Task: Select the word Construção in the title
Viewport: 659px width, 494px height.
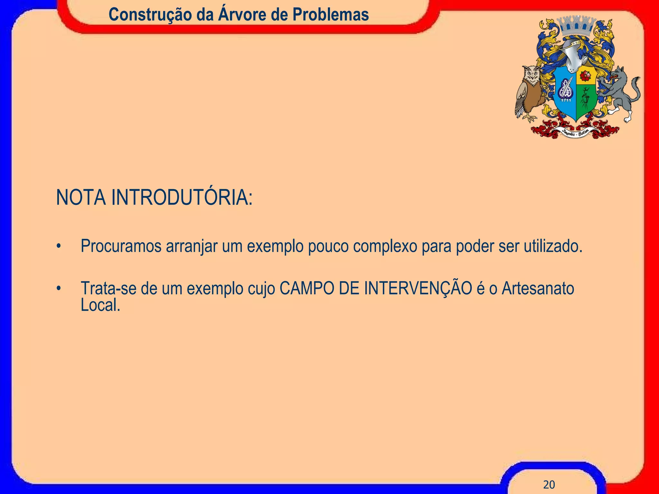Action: [x=150, y=15]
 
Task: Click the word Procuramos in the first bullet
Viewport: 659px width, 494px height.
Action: [x=121, y=246]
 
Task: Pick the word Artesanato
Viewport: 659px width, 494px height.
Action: [x=538, y=288]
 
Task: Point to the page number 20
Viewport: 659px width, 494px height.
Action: [x=549, y=484]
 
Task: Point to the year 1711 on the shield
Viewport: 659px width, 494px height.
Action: [x=566, y=100]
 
